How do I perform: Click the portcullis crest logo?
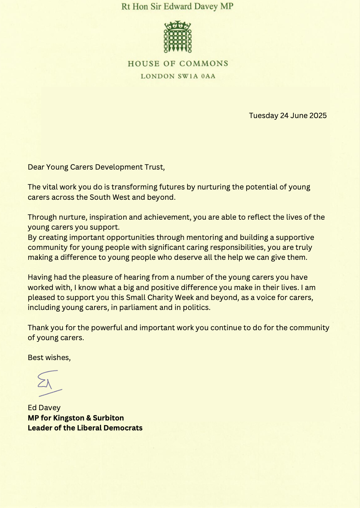tap(178, 37)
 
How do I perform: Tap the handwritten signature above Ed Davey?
tap(49, 383)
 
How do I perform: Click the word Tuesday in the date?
tap(263, 115)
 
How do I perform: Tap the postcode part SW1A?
tap(188, 76)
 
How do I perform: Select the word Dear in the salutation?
tap(36, 167)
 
